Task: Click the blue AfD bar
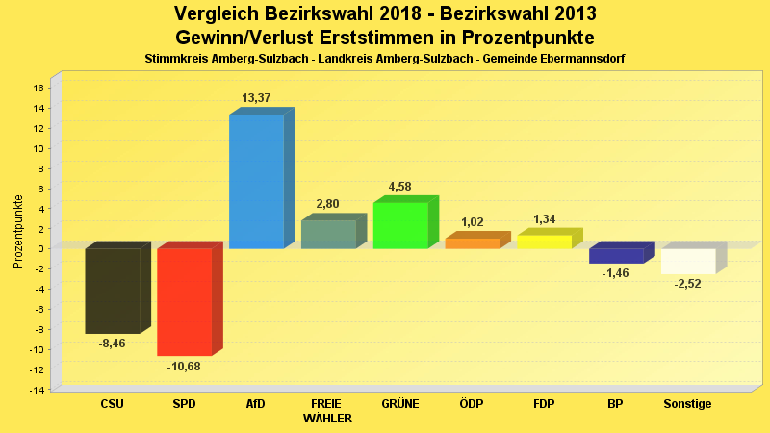pyautogui.click(x=256, y=181)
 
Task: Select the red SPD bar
pyautogui.click(x=184, y=301)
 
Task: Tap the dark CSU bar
pyautogui.click(x=112, y=291)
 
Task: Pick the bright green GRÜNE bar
pyautogui.click(x=399, y=225)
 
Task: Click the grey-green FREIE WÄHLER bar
pyautogui.click(x=328, y=234)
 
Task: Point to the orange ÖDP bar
pyautogui.click(x=472, y=243)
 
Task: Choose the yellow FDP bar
pyautogui.click(x=544, y=242)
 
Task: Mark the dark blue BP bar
pyautogui.click(x=616, y=255)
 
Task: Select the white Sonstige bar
pyautogui.click(x=687, y=261)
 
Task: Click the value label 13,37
pyautogui.click(x=256, y=98)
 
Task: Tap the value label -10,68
pyautogui.click(x=184, y=367)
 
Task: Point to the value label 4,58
pyautogui.click(x=399, y=186)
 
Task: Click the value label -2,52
pyautogui.click(x=687, y=285)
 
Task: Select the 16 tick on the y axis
pyautogui.click(x=38, y=88)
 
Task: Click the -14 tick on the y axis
pyautogui.click(x=37, y=390)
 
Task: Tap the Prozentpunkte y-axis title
pyautogui.click(x=17, y=231)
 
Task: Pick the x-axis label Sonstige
pyautogui.click(x=687, y=404)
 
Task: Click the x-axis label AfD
pyautogui.click(x=256, y=404)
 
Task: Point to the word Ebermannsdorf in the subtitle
pyautogui.click(x=578, y=59)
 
